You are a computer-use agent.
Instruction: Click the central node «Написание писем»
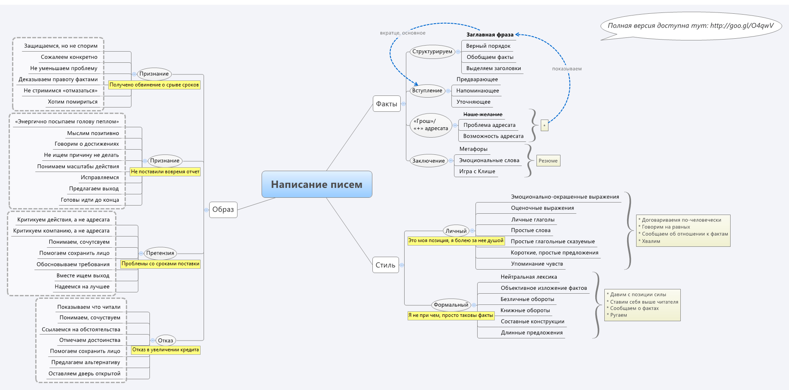(317, 184)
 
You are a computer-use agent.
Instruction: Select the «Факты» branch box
(387, 104)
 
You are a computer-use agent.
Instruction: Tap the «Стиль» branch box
(385, 265)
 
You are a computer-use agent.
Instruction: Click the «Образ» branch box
(223, 209)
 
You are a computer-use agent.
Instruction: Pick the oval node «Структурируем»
(432, 52)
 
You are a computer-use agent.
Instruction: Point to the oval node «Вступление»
(427, 91)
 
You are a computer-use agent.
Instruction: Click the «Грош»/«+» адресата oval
(430, 125)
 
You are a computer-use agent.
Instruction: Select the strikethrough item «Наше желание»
(483, 114)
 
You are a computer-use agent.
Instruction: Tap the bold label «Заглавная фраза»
(490, 35)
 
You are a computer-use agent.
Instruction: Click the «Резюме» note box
(548, 161)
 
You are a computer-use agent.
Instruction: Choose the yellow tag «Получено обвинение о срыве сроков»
(154, 85)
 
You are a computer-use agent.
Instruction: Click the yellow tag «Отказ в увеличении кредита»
(165, 350)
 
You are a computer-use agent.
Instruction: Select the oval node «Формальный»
(451, 305)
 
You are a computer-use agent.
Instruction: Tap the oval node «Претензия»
(160, 253)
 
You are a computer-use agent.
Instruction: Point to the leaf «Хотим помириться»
(73, 102)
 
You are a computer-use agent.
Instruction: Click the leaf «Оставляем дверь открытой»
(84, 374)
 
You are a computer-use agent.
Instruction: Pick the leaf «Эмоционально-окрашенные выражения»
(565, 197)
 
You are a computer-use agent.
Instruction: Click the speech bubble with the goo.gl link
(690, 26)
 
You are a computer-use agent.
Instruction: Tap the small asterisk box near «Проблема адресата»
(544, 126)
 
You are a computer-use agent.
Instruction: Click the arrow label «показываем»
(567, 69)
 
